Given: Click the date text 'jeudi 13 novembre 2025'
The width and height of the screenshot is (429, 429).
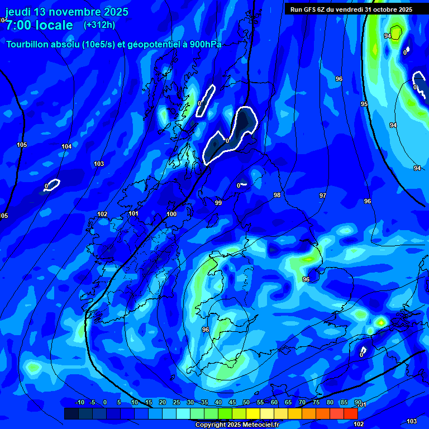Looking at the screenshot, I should click(67, 12).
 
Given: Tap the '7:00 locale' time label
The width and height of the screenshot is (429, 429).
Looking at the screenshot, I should click(39, 25).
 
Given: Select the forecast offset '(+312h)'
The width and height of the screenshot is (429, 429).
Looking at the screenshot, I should click(99, 25).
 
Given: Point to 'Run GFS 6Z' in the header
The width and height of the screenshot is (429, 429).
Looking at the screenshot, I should click(309, 9).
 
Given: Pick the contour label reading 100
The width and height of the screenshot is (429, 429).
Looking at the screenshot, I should click(171, 214).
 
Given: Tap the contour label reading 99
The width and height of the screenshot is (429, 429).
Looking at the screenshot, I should click(218, 203).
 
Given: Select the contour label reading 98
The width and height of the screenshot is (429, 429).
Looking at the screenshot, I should click(277, 195).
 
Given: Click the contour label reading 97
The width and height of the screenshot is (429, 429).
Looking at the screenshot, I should click(323, 196).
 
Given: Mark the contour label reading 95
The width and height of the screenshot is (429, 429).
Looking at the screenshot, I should click(364, 104).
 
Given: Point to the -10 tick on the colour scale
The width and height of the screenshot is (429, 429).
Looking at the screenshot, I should click(79, 403).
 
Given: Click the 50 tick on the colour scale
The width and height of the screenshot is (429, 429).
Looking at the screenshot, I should click(246, 403).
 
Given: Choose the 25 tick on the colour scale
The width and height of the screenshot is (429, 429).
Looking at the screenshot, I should click(177, 403).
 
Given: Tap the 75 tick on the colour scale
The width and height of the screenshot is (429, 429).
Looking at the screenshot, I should click(316, 403).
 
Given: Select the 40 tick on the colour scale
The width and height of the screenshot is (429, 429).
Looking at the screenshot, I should click(218, 403).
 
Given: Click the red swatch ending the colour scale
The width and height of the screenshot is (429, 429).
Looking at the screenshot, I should click(350, 413).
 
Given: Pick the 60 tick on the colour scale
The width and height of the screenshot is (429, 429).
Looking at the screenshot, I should click(274, 403).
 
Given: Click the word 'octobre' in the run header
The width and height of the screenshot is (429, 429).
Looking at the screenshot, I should click(382, 9).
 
